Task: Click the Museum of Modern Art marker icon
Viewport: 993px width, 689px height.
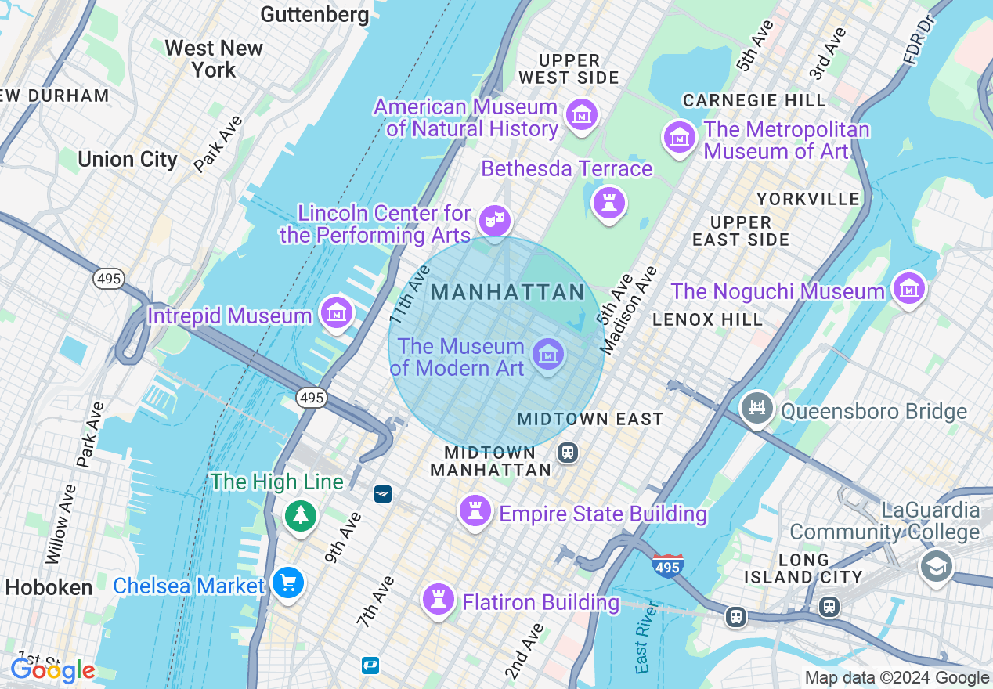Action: tap(547, 355)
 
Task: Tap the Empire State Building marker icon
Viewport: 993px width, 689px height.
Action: tap(475, 511)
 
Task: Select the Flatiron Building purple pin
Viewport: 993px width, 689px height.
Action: tap(439, 600)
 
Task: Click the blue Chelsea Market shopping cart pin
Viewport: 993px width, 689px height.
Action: tap(288, 583)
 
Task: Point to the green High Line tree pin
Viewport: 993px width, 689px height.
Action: tap(301, 515)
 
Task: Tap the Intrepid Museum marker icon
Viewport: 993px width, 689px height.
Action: tap(337, 313)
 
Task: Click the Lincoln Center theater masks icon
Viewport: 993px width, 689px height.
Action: tap(494, 220)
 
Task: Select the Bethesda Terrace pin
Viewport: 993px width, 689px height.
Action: tap(608, 203)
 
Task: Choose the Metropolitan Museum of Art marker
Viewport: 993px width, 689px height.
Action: tap(679, 138)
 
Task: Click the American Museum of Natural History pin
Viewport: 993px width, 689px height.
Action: tap(581, 116)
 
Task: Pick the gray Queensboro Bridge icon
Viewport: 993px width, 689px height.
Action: tap(757, 409)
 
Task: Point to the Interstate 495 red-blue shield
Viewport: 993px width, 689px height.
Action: tap(667, 565)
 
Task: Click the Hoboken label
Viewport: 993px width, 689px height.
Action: tap(49, 587)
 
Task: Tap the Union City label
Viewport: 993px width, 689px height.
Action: tap(128, 160)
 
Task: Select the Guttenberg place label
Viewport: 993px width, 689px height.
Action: tap(315, 14)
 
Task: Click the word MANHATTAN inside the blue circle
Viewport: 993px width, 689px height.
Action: tap(507, 293)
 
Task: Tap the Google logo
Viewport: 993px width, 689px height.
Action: tap(52, 670)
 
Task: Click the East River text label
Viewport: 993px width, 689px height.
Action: tap(644, 645)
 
